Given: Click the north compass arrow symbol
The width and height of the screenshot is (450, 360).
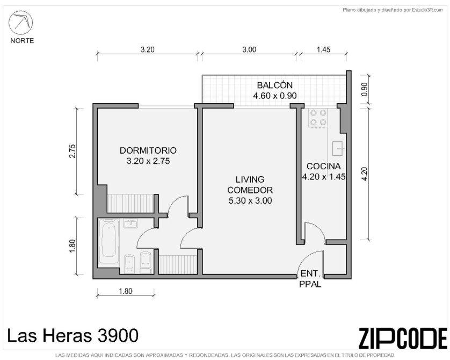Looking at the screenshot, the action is tap(20, 23).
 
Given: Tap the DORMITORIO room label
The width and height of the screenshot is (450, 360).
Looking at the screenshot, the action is tap(148, 150).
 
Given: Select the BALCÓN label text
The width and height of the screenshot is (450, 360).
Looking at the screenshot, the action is tap(274, 85).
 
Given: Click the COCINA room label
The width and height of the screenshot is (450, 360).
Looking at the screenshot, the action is tap(324, 166).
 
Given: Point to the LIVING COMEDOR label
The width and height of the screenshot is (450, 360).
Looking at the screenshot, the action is tap(250, 185).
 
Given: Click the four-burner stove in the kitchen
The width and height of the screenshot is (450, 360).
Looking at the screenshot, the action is tap(318, 118).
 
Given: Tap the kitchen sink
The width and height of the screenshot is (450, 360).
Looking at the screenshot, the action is tap(339, 148).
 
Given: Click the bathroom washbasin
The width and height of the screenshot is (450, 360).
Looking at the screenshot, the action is tap(130, 224).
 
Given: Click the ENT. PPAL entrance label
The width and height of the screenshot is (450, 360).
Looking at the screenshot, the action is tap(310, 279).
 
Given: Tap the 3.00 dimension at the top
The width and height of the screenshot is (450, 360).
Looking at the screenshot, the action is tap(249, 49).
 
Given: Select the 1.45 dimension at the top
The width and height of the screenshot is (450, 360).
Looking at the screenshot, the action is tap(323, 49).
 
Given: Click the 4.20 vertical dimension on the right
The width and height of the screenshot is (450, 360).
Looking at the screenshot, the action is tap(364, 174).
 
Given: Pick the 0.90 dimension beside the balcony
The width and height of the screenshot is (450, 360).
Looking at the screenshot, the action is tap(364, 90).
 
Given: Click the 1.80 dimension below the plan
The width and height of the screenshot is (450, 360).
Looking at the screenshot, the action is tap(126, 291).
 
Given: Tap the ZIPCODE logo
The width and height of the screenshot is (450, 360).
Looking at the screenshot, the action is tap(403, 338).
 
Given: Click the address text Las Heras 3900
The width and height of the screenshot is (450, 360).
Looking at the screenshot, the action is tap(72, 335).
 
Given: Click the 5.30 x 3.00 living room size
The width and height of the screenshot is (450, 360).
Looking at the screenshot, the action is tap(250, 200).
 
